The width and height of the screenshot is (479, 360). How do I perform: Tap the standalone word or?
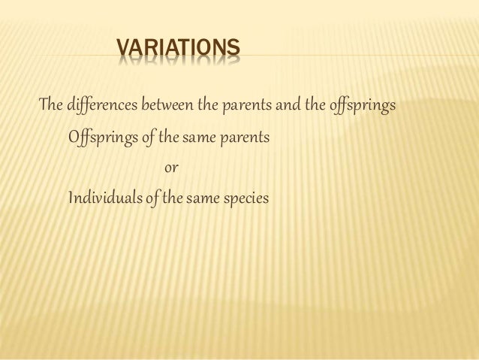tap(170, 169)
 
